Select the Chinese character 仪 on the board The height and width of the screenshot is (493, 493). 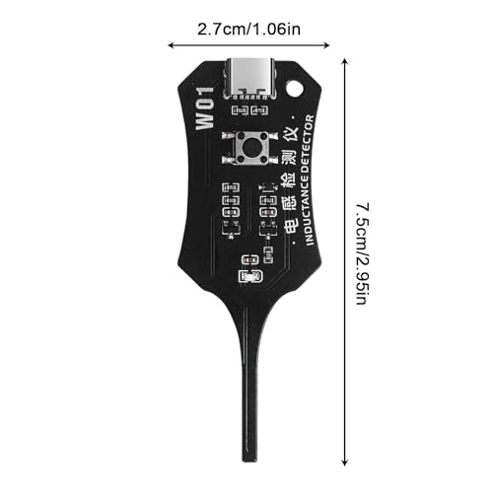click(290, 133)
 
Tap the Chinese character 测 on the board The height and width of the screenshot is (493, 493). click(290, 158)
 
